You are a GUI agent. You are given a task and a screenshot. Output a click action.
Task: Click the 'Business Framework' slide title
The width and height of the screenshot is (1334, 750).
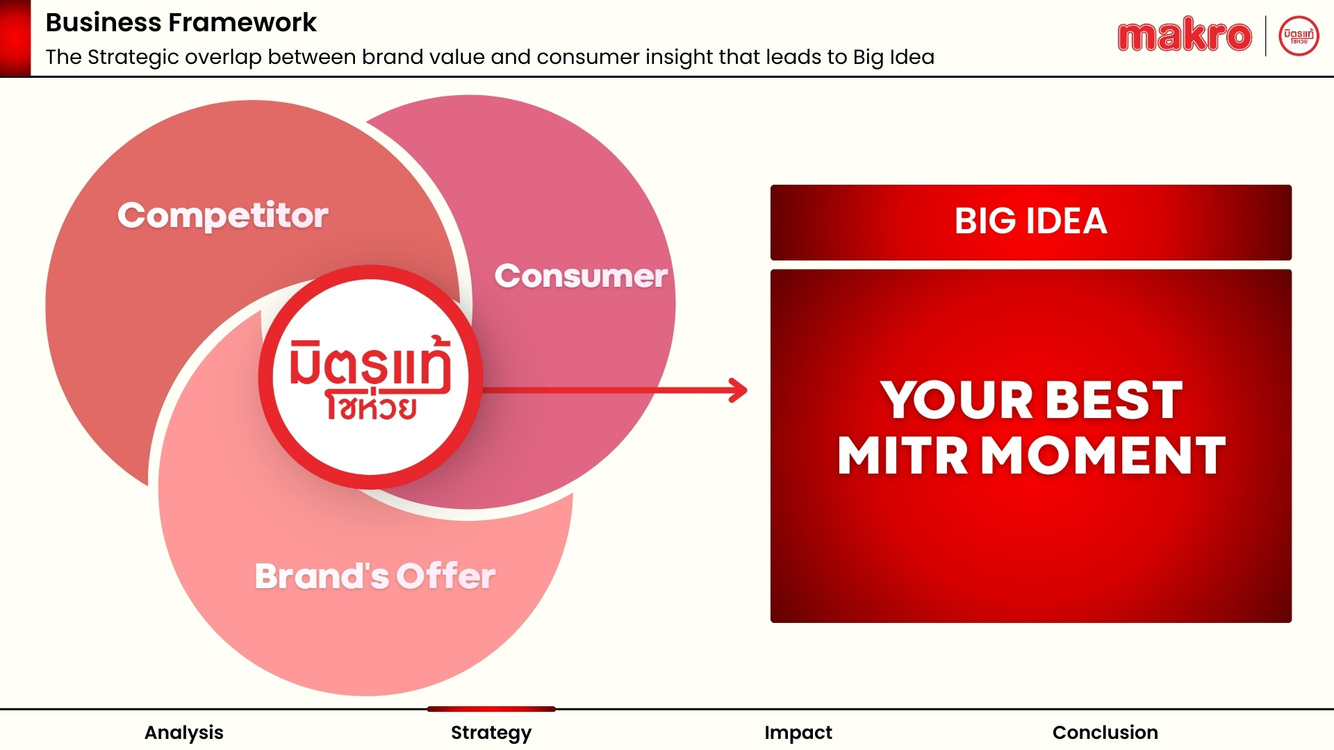coord(181,22)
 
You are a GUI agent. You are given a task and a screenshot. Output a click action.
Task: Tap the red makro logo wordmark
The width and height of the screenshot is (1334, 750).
coord(1185,36)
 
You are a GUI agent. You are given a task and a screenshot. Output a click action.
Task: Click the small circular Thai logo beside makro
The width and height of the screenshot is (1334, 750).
coord(1299,36)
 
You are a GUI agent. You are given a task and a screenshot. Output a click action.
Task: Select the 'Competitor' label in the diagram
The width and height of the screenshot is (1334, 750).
coord(222,215)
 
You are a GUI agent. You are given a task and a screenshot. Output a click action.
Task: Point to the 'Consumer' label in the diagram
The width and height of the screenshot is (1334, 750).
coord(581,276)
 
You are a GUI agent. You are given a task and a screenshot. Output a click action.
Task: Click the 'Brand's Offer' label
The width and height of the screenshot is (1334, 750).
coord(375,576)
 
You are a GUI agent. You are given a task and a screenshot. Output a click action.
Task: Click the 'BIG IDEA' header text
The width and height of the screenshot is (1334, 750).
coord(1031,221)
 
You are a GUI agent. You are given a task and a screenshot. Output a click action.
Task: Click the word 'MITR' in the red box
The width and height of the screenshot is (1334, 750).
coord(903,456)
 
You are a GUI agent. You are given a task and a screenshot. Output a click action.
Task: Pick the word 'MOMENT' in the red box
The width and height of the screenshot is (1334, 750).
coord(1103,456)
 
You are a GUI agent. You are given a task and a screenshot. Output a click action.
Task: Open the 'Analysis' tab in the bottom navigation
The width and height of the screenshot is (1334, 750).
coord(184,733)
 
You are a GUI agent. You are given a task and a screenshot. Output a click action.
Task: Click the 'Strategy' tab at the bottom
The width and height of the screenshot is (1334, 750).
coord(491,733)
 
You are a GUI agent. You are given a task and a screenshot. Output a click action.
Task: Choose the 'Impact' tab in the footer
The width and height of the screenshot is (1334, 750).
coord(798,733)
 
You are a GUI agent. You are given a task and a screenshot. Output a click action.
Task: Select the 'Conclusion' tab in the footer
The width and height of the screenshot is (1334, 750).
coord(1105,733)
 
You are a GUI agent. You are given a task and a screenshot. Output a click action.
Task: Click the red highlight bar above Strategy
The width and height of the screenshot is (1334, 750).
coord(491,709)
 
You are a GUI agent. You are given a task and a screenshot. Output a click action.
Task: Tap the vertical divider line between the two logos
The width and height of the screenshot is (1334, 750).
coord(1265,36)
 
